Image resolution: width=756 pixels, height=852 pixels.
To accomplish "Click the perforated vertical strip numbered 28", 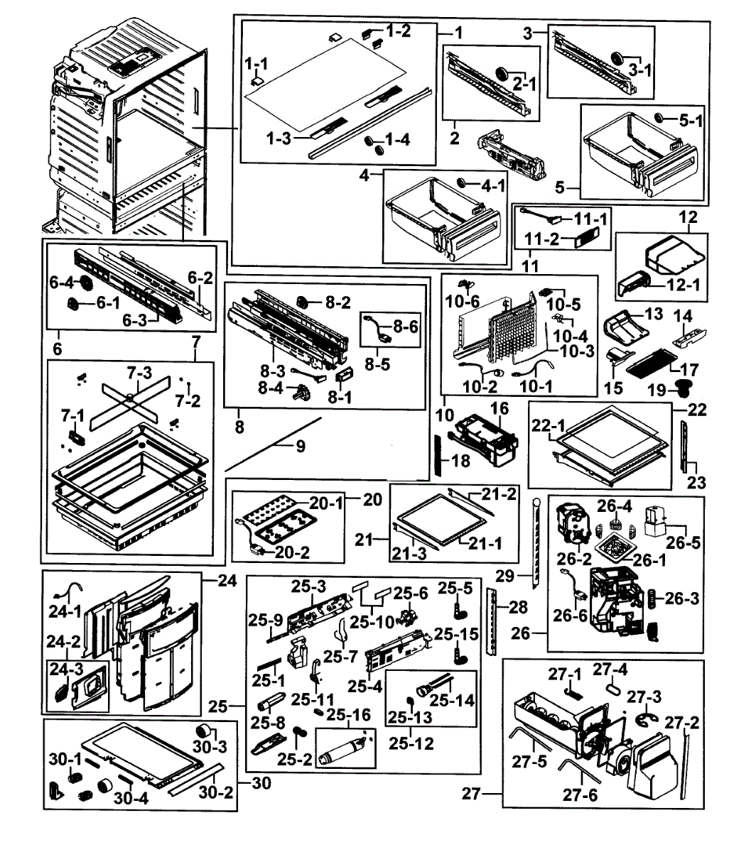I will [x=492, y=620].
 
